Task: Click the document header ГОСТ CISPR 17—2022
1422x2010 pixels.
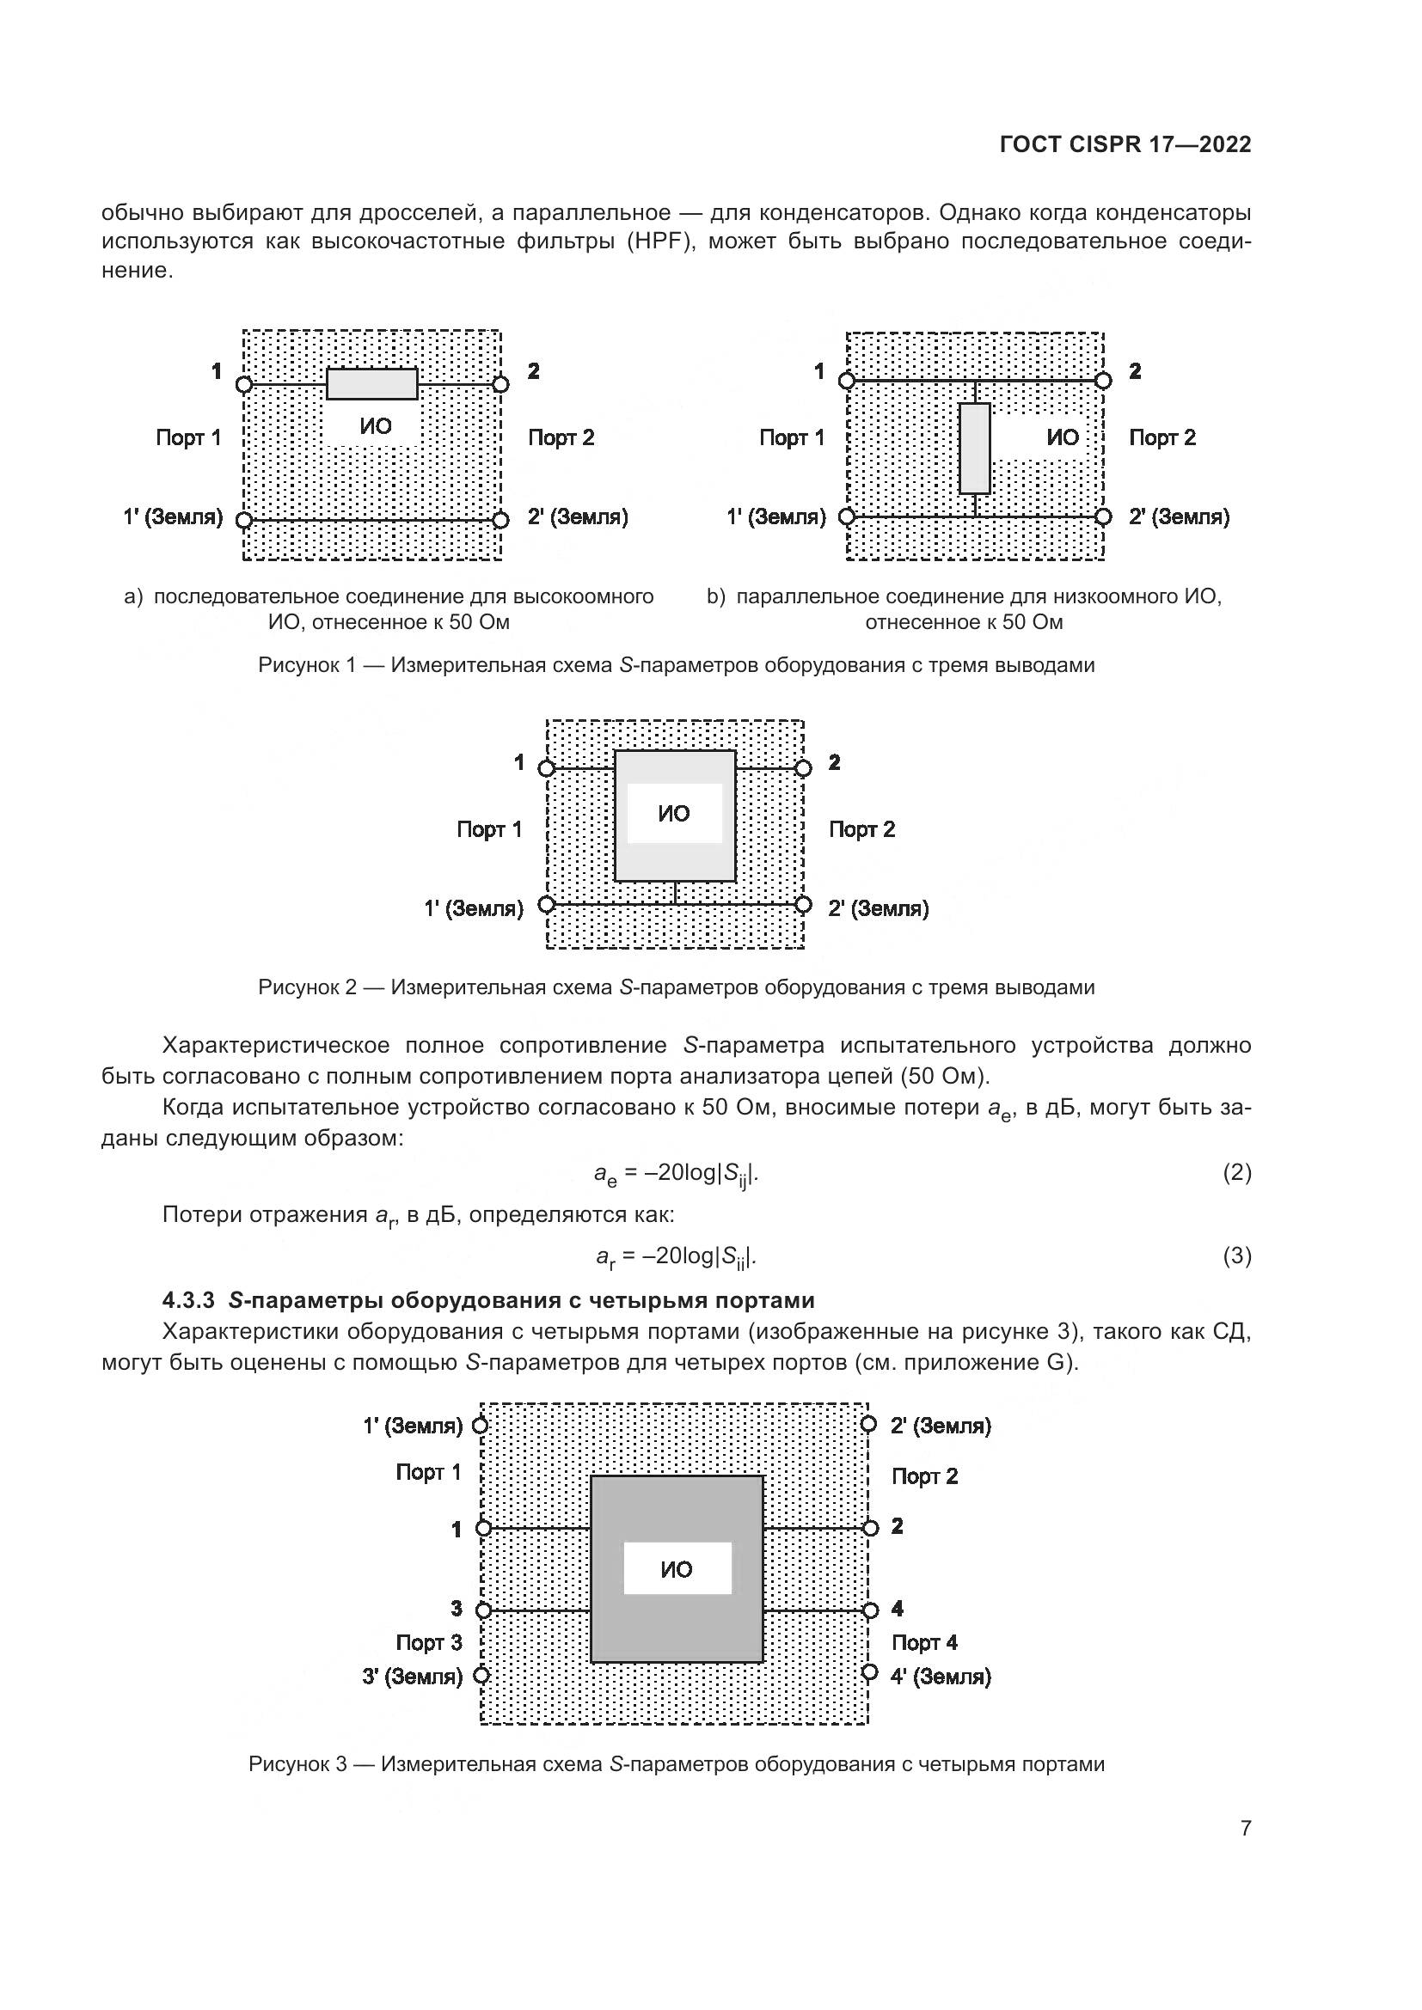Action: click(x=1125, y=145)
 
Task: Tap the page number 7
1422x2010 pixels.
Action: click(x=1245, y=1827)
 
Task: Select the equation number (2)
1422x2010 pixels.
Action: click(x=1236, y=1172)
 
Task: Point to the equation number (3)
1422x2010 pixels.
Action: click(x=1236, y=1256)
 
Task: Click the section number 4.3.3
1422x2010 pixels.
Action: click(x=188, y=1300)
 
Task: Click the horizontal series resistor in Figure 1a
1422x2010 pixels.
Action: click(x=372, y=384)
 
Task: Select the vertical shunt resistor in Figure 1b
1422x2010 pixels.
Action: click(x=975, y=449)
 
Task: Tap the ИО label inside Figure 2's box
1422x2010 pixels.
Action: click(x=674, y=814)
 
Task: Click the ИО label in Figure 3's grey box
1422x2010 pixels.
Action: click(x=677, y=1570)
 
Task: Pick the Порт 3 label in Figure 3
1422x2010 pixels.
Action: click(x=428, y=1642)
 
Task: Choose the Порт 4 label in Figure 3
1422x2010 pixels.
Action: click(x=925, y=1642)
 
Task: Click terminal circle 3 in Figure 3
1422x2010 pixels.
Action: click(x=482, y=1610)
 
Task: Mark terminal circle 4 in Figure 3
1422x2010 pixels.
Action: click(x=869, y=1610)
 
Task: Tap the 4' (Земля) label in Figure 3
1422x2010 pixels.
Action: click(x=941, y=1677)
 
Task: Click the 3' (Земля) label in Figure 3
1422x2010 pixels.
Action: click(x=413, y=1677)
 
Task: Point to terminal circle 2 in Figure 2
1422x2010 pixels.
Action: click(x=803, y=768)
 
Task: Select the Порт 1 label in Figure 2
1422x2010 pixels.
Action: click(x=489, y=829)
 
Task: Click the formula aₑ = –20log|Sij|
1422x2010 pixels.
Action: click(x=676, y=1173)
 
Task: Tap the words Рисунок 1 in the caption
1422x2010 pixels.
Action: click(x=306, y=665)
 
